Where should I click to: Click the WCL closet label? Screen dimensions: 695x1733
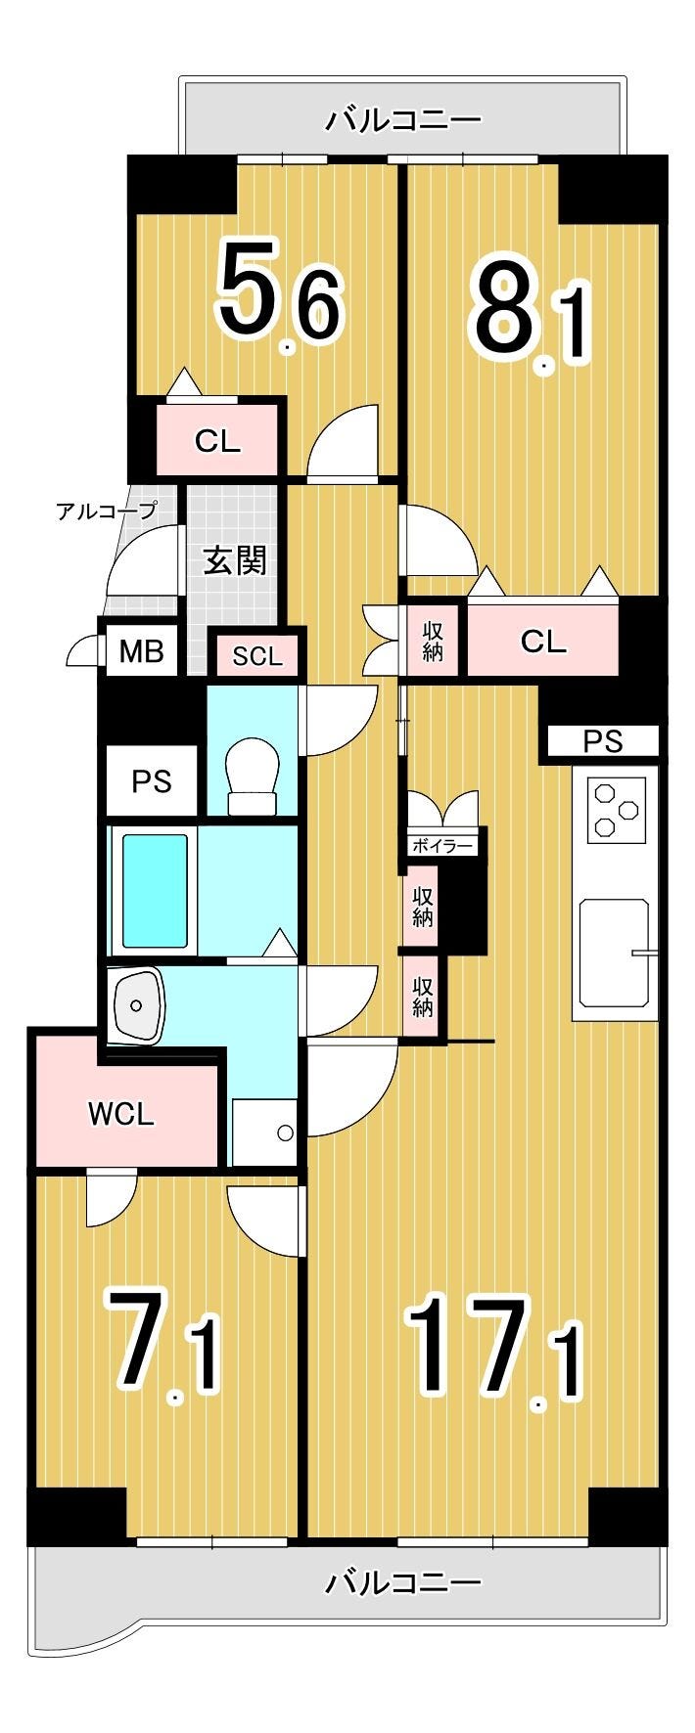(121, 1114)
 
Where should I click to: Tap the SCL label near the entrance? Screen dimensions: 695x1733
(257, 656)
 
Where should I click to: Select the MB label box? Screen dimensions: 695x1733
(141, 650)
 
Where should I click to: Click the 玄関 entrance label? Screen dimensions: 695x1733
(235, 560)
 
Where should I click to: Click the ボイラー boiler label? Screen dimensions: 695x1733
(442, 846)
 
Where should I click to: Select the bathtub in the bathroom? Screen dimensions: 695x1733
(155, 889)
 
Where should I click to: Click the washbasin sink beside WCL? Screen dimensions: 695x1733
(138, 1004)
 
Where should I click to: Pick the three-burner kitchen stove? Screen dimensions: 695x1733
(617, 810)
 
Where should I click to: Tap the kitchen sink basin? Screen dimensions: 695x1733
(615, 954)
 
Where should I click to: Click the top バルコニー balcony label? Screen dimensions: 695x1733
(403, 119)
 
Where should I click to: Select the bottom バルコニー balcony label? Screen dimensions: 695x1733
(403, 1582)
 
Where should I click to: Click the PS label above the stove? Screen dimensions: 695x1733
(603, 741)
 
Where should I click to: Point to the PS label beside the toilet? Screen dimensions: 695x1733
(152, 781)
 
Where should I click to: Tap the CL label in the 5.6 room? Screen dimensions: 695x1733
(217, 441)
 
